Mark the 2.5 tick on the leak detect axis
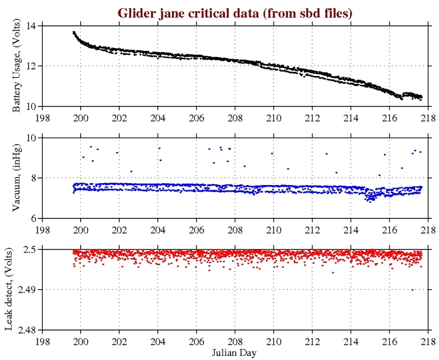pos(30,250)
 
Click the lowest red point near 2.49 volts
pos(412,290)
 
